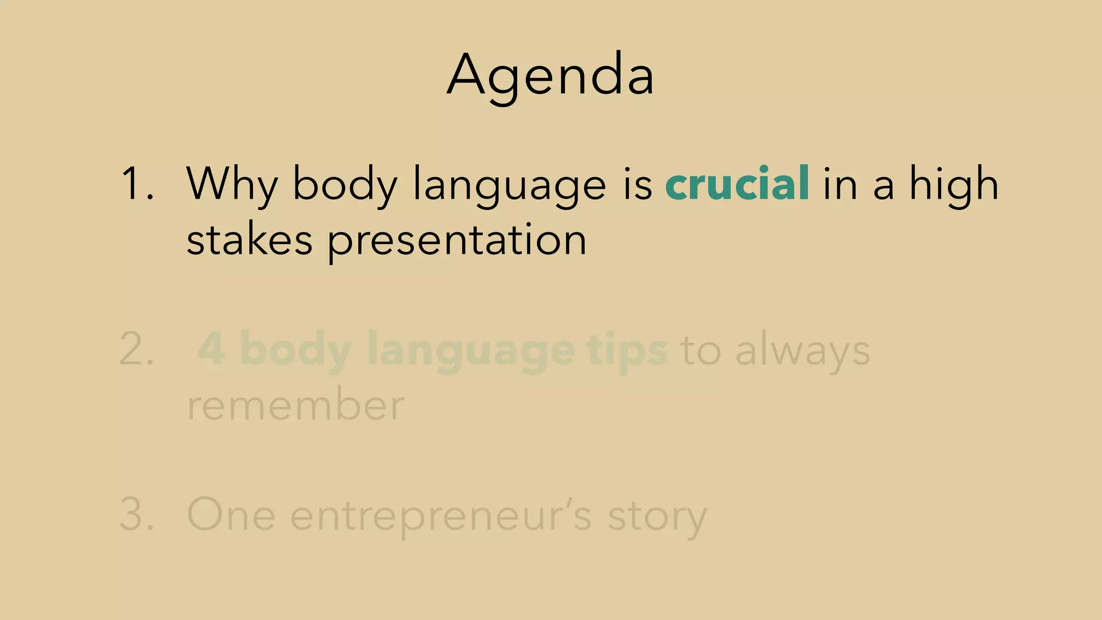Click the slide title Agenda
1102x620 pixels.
pos(550,75)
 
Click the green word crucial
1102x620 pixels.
pos(737,184)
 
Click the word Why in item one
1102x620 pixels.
pos(231,184)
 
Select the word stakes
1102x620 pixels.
pos(249,240)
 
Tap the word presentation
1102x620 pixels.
pos(457,240)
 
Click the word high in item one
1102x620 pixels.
pos(953,184)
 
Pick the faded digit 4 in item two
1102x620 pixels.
pos(211,350)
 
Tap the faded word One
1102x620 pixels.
pos(231,515)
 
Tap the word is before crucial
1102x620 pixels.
pos(638,184)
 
